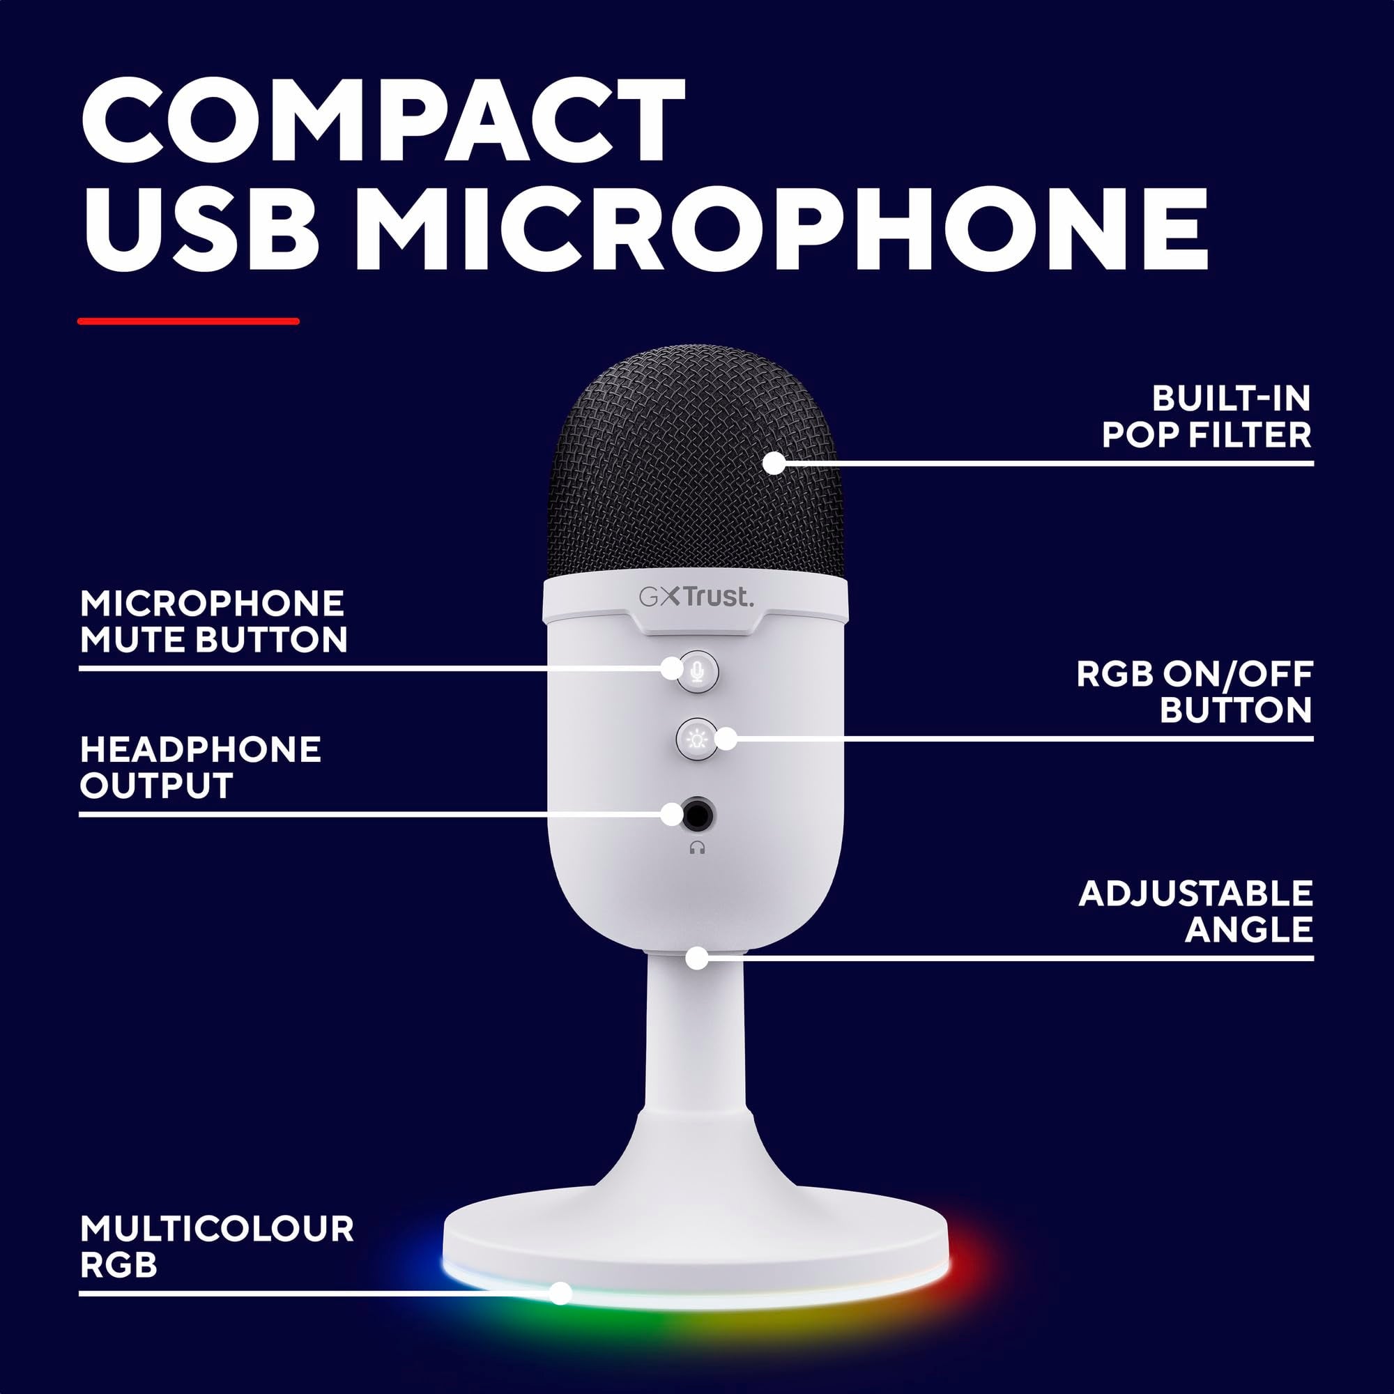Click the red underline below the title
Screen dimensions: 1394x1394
point(188,321)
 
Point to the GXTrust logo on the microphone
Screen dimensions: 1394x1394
point(696,597)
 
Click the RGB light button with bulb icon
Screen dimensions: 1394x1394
point(696,738)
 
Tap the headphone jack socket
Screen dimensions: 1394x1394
point(698,815)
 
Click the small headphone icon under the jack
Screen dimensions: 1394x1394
point(696,848)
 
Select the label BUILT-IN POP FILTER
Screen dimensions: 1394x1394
point(1207,417)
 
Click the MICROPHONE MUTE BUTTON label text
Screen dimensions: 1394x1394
point(213,622)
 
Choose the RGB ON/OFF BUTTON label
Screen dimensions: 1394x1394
point(1194,692)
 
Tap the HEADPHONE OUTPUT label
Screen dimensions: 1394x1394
point(200,767)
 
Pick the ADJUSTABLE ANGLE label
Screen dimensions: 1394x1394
point(1195,911)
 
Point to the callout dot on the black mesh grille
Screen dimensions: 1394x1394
point(774,463)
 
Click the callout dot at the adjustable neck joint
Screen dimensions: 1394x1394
point(696,958)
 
